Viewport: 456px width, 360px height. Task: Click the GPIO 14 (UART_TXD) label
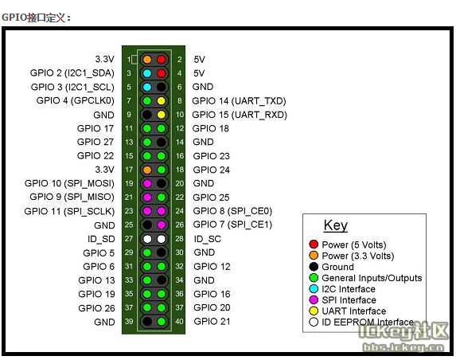click(x=239, y=101)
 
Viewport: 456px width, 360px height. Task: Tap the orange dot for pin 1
click(x=147, y=60)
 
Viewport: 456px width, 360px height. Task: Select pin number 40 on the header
click(x=179, y=321)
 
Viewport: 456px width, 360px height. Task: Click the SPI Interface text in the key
click(x=349, y=300)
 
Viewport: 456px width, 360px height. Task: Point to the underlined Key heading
click(x=336, y=225)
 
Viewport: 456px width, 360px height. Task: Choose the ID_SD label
click(x=101, y=239)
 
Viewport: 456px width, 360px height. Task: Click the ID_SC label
click(x=208, y=239)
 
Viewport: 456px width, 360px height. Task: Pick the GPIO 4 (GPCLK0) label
click(x=76, y=100)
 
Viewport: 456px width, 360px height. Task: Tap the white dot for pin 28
click(x=161, y=239)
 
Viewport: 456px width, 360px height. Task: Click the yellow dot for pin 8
click(x=161, y=101)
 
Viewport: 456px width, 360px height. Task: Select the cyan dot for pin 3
click(x=147, y=73)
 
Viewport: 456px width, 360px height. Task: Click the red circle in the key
click(x=314, y=245)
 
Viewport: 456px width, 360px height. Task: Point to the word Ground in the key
click(x=337, y=267)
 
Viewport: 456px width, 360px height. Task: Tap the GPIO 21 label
click(x=212, y=322)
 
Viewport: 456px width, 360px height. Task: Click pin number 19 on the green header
click(x=129, y=183)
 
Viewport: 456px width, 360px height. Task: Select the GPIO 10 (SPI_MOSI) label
click(x=69, y=183)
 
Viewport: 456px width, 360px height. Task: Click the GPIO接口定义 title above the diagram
click(x=36, y=18)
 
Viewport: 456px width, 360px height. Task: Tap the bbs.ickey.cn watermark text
click(x=403, y=347)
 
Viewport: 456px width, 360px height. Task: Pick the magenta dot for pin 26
click(x=161, y=225)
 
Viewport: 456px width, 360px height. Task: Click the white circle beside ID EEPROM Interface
click(x=314, y=322)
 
